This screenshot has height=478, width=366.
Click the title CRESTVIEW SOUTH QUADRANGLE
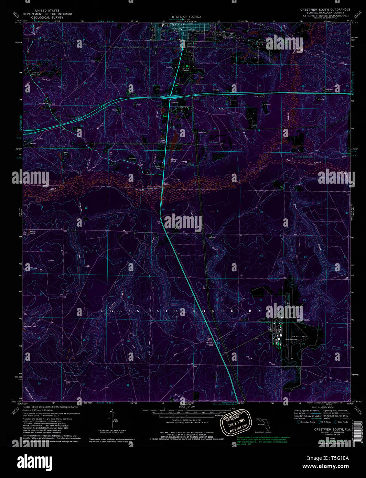(325, 10)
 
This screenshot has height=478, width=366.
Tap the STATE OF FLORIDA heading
(186, 17)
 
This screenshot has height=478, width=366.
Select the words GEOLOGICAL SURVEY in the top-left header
(47, 17)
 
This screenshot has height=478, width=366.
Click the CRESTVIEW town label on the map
(177, 25)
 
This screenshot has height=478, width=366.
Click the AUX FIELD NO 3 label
(298, 336)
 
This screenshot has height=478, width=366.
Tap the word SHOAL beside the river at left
(53, 189)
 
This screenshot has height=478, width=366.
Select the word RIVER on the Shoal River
(139, 189)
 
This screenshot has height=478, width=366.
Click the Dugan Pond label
(174, 160)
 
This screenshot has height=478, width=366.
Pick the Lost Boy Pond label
(29, 326)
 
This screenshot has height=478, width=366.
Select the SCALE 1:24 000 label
(187, 407)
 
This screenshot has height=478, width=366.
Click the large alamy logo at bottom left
(35, 461)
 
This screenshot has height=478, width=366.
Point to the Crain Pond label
(32, 233)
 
